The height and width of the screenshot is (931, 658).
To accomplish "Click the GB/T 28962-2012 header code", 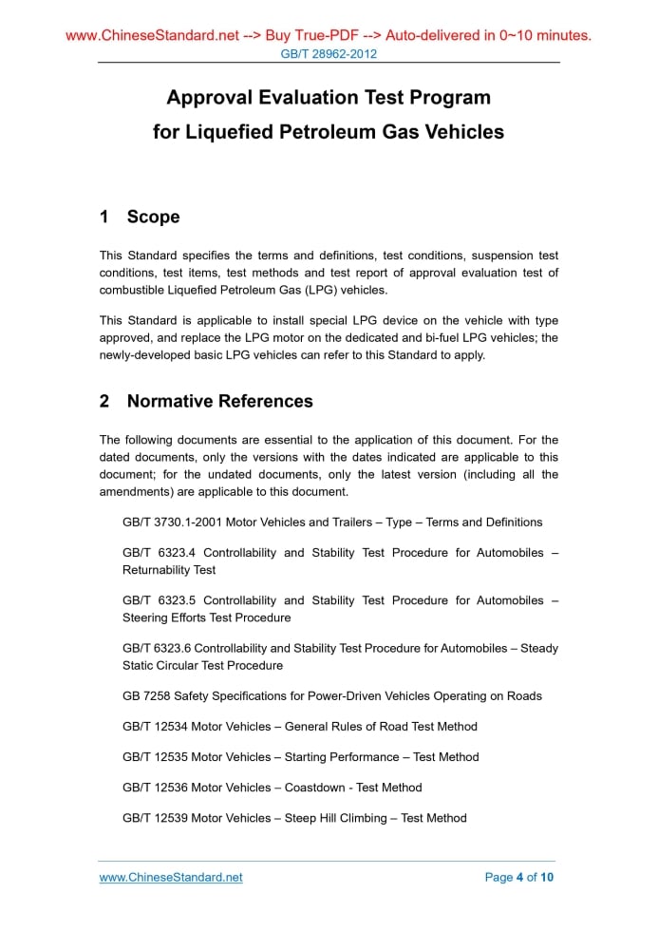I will click(x=329, y=54).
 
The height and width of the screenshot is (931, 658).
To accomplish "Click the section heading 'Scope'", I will click(x=153, y=218).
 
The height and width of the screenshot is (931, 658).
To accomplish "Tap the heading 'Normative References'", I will click(x=219, y=402).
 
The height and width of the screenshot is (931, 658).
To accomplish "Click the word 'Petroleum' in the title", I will click(x=325, y=132).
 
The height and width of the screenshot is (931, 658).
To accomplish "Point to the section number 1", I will click(x=104, y=218).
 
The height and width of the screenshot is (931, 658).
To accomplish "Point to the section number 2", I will click(x=104, y=402).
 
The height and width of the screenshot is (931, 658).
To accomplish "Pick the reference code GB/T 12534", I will click(x=155, y=727).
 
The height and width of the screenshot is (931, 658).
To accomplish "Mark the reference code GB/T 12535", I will click(x=155, y=757).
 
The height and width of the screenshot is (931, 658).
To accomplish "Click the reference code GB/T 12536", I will click(x=155, y=788).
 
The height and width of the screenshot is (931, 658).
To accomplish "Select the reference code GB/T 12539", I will click(x=155, y=818).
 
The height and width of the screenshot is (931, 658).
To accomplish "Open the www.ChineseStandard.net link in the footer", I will click(x=171, y=878).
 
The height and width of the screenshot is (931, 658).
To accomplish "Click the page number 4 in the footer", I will click(x=519, y=878).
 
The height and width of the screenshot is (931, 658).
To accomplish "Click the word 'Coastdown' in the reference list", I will click(x=315, y=788).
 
